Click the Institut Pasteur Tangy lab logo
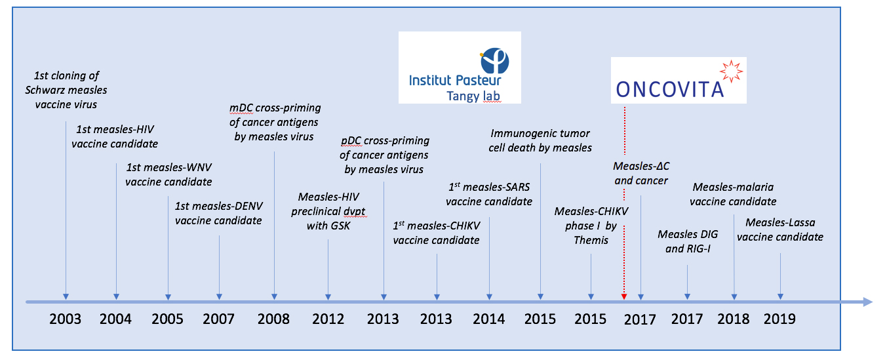click(x=460, y=68)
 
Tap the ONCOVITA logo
click(x=679, y=80)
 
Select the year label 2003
click(x=66, y=319)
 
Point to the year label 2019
click(x=779, y=319)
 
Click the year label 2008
click(x=273, y=319)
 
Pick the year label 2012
click(x=328, y=319)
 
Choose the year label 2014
click(x=488, y=319)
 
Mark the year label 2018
click(x=734, y=319)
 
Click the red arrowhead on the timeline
click(x=624, y=296)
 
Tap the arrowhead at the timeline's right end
click(x=867, y=302)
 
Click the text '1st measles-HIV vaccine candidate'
click(x=115, y=136)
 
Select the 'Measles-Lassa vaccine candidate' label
click(x=780, y=230)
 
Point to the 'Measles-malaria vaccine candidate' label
click(x=733, y=194)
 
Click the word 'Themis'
click(x=591, y=240)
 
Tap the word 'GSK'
click(x=328, y=226)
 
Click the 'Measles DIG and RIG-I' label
click(x=688, y=241)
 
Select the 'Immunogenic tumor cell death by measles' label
click(x=540, y=140)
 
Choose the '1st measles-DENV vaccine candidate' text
click(x=218, y=213)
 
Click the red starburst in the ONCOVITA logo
click(x=731, y=71)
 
